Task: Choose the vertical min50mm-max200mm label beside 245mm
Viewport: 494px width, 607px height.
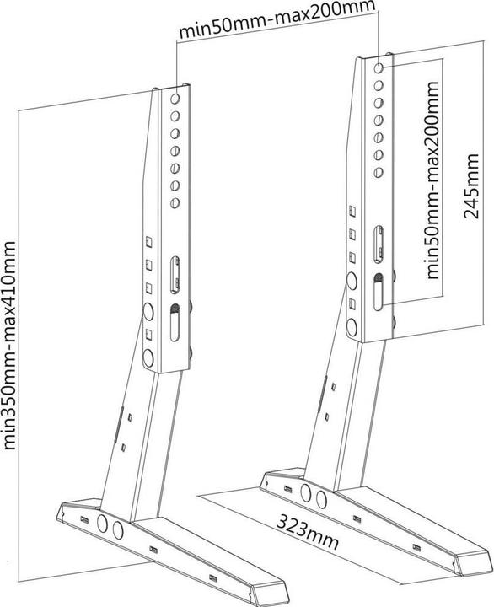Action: point(435,180)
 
